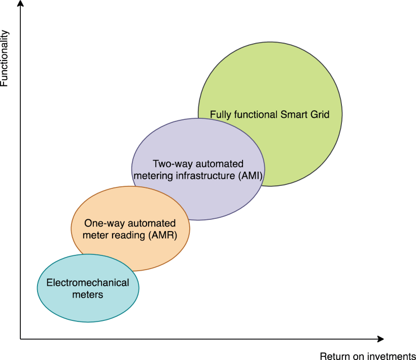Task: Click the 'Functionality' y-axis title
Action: (5, 58)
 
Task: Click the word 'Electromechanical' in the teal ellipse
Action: (88, 283)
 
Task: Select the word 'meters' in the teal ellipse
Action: (88, 294)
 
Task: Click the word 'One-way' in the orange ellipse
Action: (101, 223)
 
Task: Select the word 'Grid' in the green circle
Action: (320, 114)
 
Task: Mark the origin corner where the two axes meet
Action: (20, 338)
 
